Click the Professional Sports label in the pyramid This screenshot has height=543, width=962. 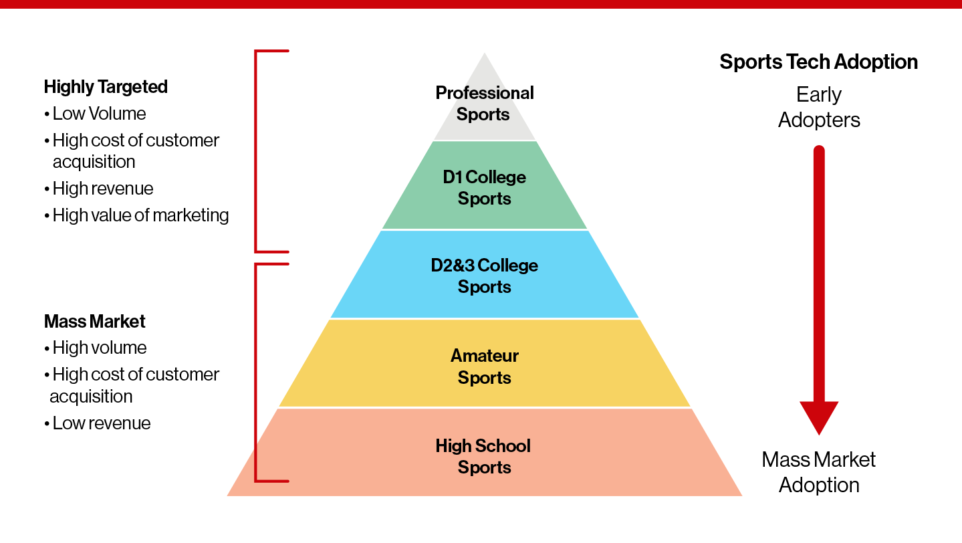pos(484,103)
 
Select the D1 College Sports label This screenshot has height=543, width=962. pos(484,187)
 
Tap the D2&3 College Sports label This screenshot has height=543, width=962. pos(484,276)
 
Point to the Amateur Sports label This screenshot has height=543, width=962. pos(484,366)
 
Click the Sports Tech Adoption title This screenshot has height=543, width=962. pos(818,62)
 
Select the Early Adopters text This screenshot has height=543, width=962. pos(819,107)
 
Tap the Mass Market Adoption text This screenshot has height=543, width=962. pos(819,471)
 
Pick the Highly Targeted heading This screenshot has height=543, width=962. pos(106,87)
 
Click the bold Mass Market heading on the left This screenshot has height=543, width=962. pos(95,322)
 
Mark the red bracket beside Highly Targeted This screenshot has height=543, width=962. pos(257,150)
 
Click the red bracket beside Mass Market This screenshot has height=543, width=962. pos(257,372)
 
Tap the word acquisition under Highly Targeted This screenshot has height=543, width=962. pos(94,162)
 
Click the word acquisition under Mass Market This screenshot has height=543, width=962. pos(91,397)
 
